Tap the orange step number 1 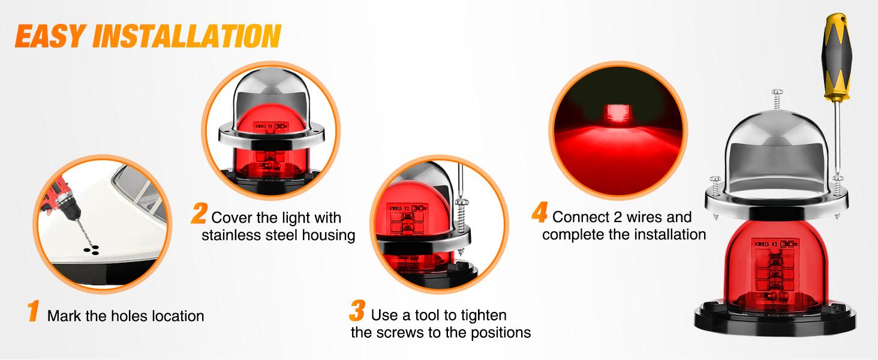click(x=34, y=313)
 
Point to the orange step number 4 click(x=540, y=214)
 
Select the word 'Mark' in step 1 click(x=64, y=316)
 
